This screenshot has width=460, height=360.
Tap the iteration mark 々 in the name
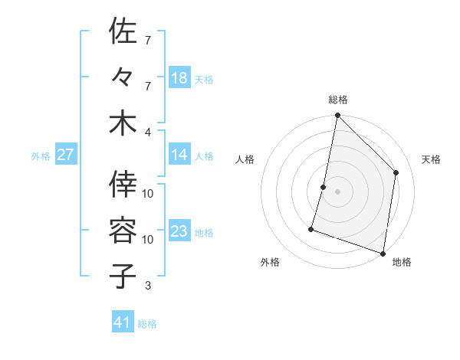[123, 77]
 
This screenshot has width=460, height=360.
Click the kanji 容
[123, 229]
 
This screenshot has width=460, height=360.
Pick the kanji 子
[123, 275]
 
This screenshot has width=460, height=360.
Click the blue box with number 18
[179, 77]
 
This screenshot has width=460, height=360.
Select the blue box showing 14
[179, 155]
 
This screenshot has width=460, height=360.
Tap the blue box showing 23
[179, 232]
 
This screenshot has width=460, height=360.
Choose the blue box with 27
[65, 155]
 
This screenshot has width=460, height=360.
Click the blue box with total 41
[123, 322]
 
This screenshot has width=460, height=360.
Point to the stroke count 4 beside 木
[149, 131]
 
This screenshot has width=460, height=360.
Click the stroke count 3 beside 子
[148, 286]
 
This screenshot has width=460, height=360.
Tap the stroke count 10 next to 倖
[149, 193]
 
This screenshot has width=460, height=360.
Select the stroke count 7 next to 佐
[148, 39]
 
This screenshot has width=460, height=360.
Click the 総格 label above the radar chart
[338, 100]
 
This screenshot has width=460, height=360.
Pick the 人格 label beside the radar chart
[245, 159]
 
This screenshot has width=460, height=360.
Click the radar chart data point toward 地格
[383, 253]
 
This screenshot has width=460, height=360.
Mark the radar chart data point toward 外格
[311, 228]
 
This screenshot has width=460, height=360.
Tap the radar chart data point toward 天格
[396, 172]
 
